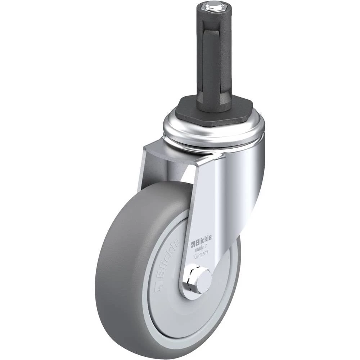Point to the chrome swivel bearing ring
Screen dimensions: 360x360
click(x=214, y=129)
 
